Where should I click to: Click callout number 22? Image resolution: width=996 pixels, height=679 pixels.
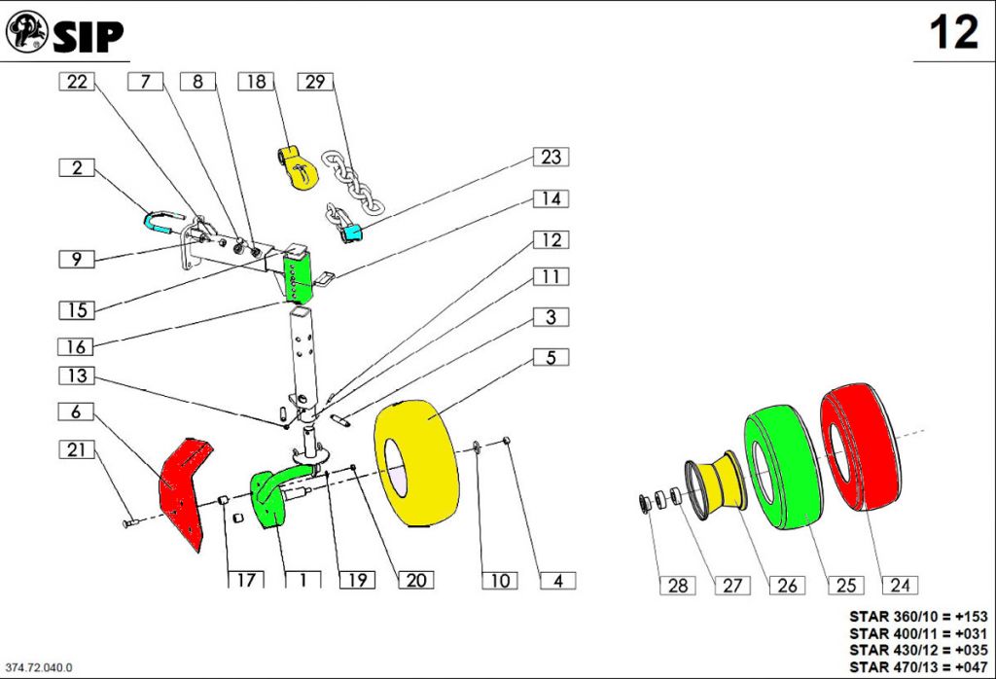[x=77, y=82]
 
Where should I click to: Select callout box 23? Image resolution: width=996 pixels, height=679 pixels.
[x=551, y=157]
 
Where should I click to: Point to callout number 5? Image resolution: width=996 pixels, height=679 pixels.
[x=551, y=357]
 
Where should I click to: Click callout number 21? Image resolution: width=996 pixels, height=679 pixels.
[x=77, y=449]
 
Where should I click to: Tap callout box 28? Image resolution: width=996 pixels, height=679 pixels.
[x=678, y=585]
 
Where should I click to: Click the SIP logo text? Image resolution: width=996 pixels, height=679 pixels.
[x=88, y=36]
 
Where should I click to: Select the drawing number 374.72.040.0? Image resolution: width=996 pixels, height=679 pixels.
[x=40, y=667]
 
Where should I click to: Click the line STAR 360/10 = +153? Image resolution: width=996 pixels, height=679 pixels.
[x=918, y=616]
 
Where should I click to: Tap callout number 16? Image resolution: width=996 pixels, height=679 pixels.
[x=77, y=346]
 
